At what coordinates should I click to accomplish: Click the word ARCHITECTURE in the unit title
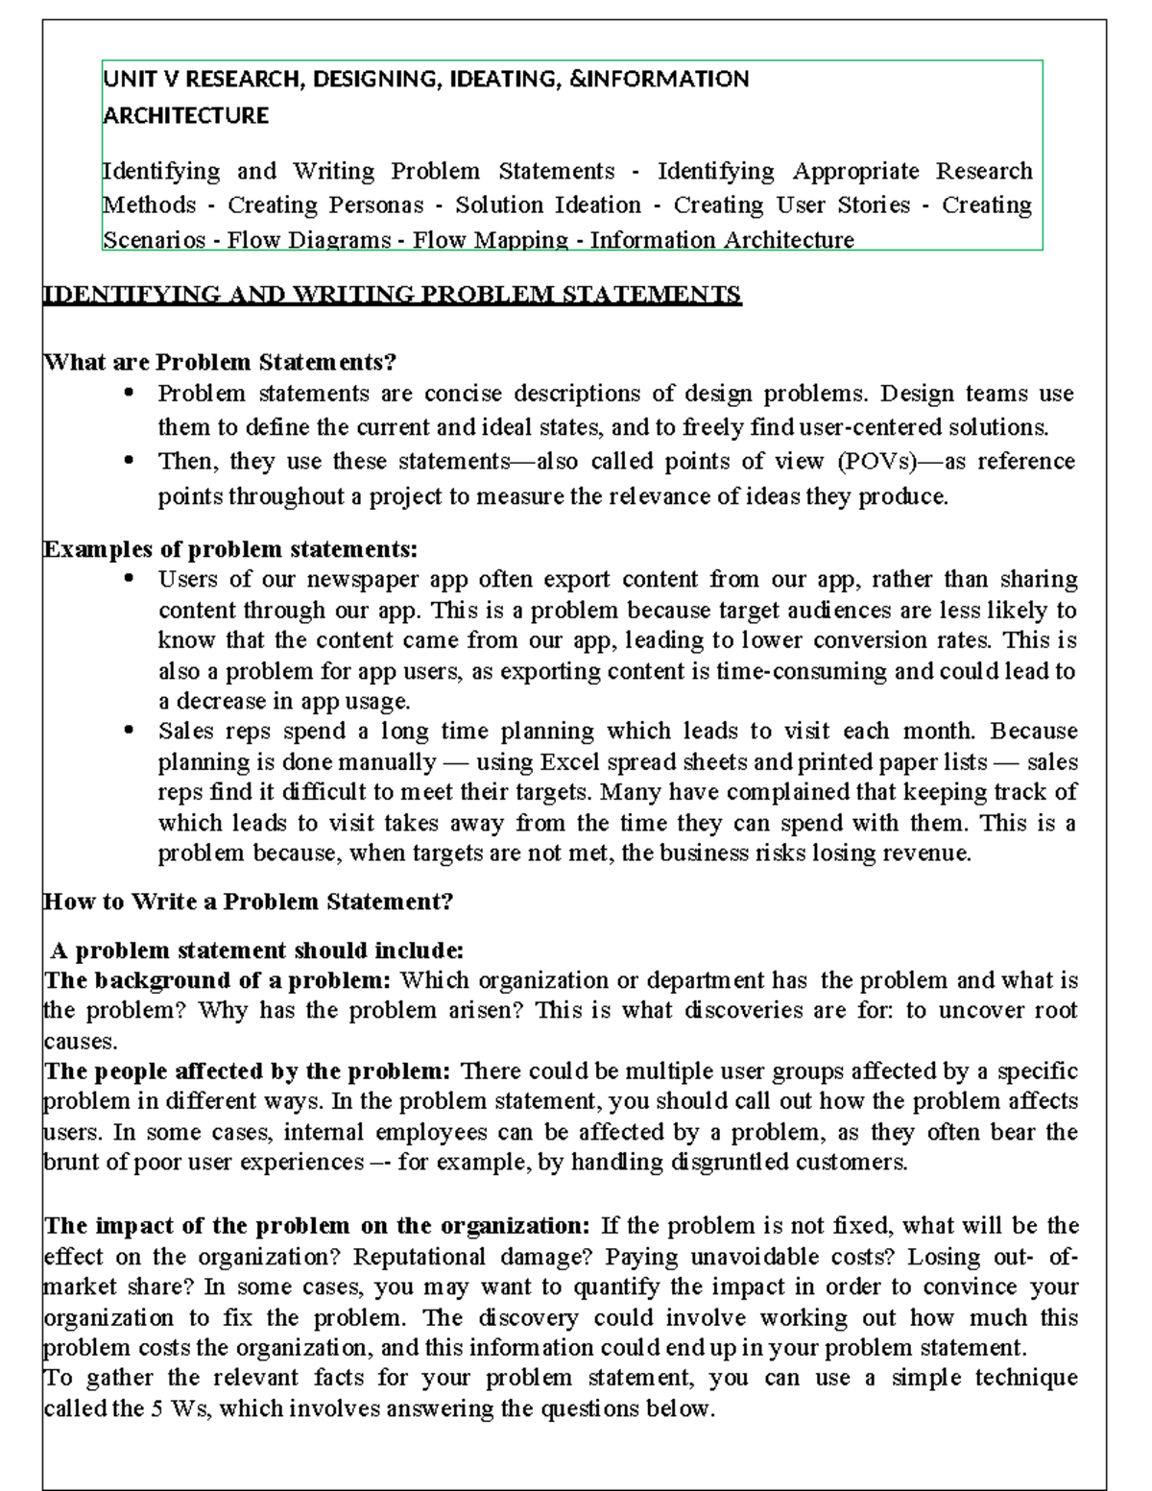point(185,116)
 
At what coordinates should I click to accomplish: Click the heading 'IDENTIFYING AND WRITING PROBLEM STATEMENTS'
point(392,294)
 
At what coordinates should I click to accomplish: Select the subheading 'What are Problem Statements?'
point(220,362)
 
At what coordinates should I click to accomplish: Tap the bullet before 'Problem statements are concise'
point(130,393)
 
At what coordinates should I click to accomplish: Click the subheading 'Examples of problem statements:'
point(230,549)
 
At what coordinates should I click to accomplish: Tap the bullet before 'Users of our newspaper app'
point(130,579)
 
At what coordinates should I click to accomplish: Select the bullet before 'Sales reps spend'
point(130,731)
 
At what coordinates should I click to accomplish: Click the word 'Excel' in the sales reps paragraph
point(572,762)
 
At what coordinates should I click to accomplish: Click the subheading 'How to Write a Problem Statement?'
point(248,902)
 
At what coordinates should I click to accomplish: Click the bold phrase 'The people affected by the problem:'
point(248,1071)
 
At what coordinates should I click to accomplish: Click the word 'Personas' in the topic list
point(375,205)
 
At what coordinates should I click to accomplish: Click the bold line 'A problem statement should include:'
point(257,950)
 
